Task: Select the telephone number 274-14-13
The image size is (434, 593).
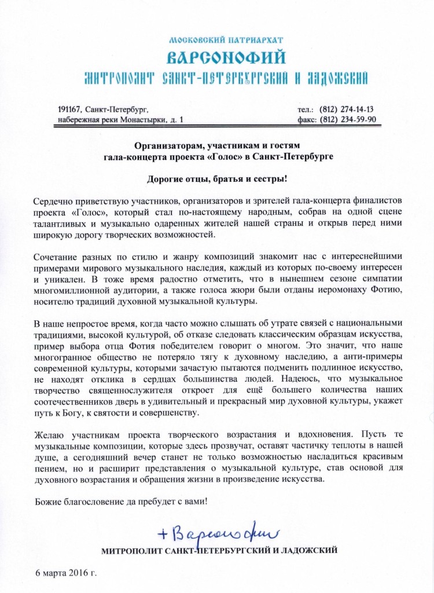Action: (x=355, y=109)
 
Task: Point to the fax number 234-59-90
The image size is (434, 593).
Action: (x=355, y=120)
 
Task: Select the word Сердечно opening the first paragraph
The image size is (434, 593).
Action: (x=50, y=200)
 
